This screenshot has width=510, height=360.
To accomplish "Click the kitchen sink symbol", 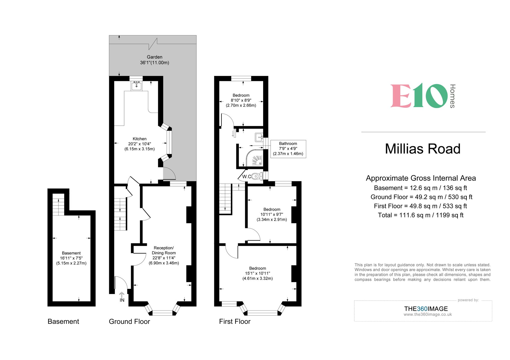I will pos(136,86).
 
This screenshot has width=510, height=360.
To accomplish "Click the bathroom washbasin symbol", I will pos(259,137).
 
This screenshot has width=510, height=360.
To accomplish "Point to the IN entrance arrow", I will pos(122,297).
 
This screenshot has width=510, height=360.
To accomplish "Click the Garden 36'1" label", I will pos(155,60).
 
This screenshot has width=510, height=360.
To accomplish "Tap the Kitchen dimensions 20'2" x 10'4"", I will pos(139,144).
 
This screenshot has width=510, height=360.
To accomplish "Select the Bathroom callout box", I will pos(288,149).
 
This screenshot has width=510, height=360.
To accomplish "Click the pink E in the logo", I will pos(401,96).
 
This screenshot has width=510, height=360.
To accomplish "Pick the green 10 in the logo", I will pos(430,96).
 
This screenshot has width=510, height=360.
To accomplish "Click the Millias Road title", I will pos(423,149).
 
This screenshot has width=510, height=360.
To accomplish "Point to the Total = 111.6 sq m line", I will pos(420,215).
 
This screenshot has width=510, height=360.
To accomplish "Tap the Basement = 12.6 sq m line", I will pos(420,188).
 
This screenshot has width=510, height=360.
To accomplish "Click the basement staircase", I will pos(58,204).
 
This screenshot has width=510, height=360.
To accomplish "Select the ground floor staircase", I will pos(120,214).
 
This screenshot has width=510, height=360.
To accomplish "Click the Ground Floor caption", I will pos(129,322).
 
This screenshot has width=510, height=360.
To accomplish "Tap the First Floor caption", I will pos(235,322).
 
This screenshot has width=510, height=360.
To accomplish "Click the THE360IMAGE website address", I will pos(428,315).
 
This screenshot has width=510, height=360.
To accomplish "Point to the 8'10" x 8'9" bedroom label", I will pos(241,100).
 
